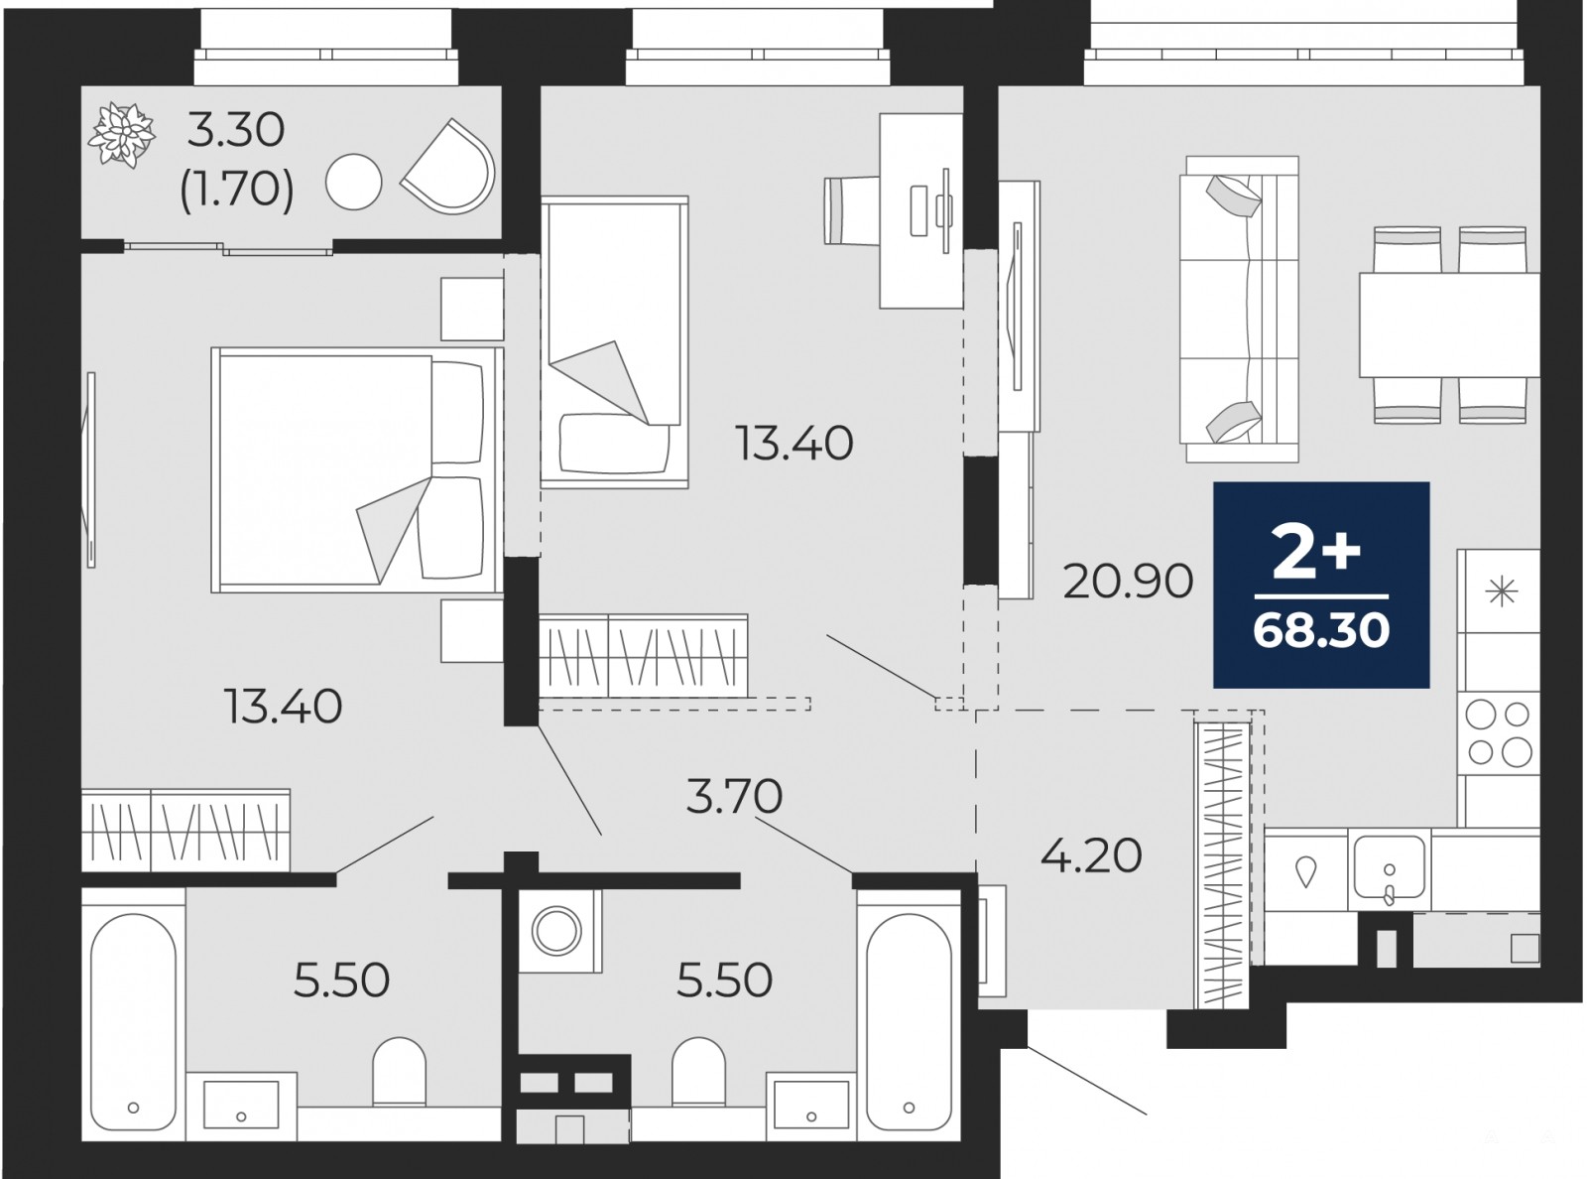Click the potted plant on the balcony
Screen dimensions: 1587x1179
pos(121,136)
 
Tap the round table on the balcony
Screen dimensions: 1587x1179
pos(353,182)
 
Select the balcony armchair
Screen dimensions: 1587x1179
pos(448,167)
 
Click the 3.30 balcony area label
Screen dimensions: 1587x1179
pos(235,131)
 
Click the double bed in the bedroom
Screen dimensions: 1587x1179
pos(357,469)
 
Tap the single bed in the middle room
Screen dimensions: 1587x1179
pos(614,342)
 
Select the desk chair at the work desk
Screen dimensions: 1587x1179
pos(851,211)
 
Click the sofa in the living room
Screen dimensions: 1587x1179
pos(1238,310)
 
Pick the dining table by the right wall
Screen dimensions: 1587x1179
pos(1449,325)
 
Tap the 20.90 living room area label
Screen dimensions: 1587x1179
pos(1128,582)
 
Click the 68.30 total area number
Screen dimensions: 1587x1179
pos(1321,631)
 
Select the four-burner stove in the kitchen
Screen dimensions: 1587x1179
pos(1499,732)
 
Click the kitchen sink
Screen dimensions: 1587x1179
pos(1389,869)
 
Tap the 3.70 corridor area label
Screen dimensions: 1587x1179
pos(734,796)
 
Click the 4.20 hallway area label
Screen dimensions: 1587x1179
pos(1090,855)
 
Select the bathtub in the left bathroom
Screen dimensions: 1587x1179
pos(133,1015)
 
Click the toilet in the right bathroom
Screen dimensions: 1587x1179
pos(699,1072)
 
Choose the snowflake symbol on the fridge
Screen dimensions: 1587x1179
pos(1501,591)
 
